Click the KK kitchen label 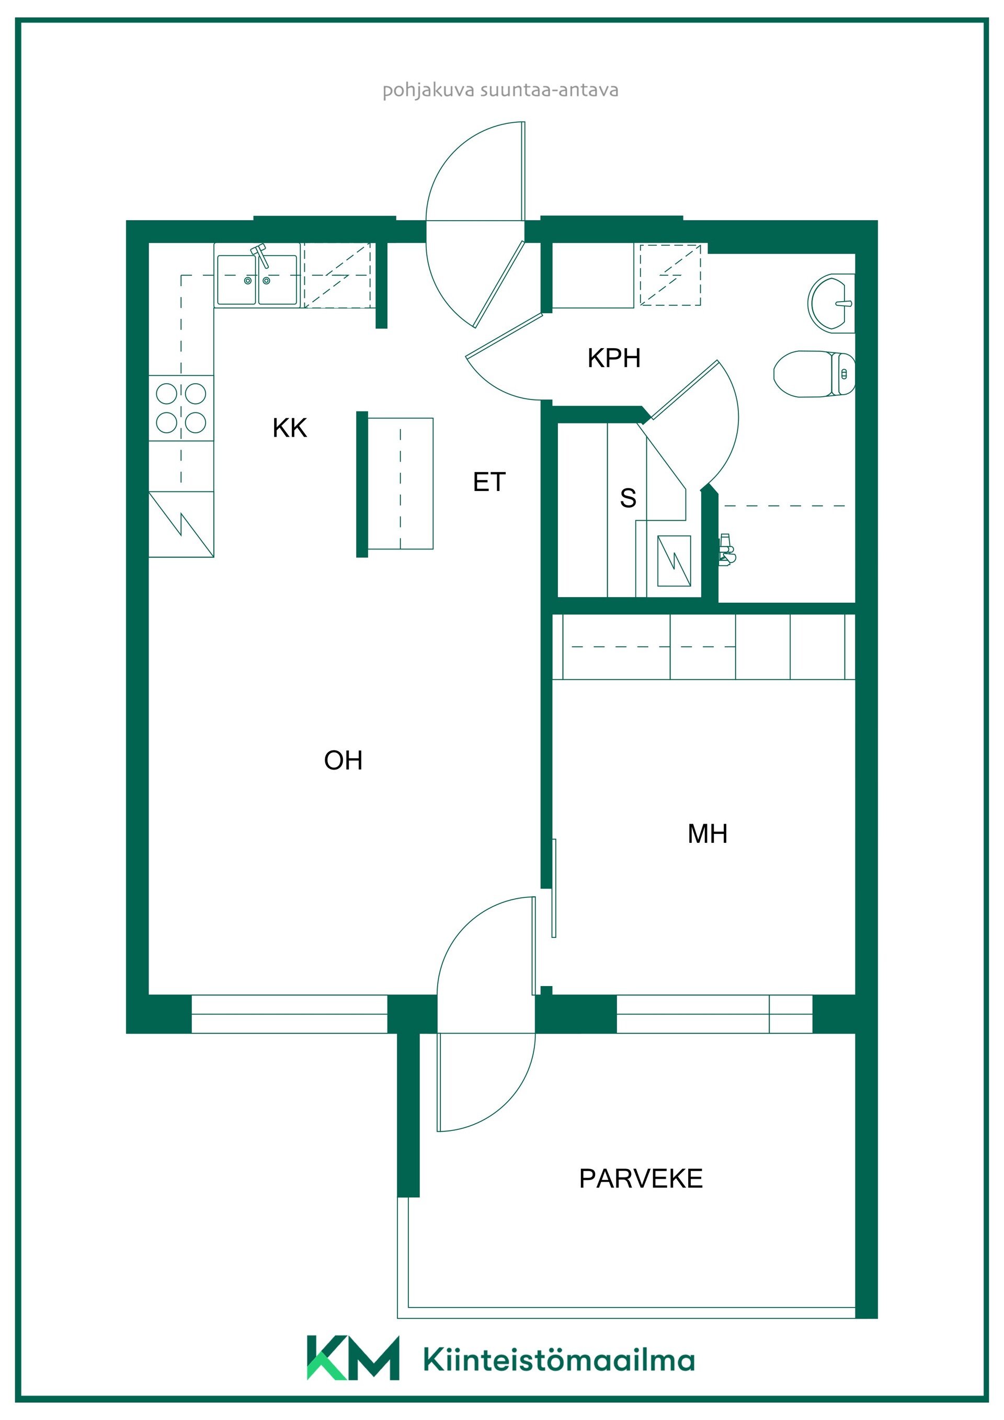click(x=290, y=428)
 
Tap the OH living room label click(x=344, y=760)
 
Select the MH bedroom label click(x=707, y=834)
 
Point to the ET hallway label click(x=489, y=482)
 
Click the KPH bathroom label click(x=614, y=358)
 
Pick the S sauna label click(x=628, y=498)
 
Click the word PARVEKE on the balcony click(x=641, y=1179)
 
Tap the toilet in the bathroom click(x=814, y=373)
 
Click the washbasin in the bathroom click(x=831, y=303)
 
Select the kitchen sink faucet click(x=260, y=254)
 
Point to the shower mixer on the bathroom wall click(x=727, y=549)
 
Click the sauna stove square click(x=674, y=561)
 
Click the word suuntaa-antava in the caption click(x=549, y=90)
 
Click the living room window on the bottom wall click(x=290, y=1014)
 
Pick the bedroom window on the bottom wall click(x=714, y=1014)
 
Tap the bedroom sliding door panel click(x=554, y=888)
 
